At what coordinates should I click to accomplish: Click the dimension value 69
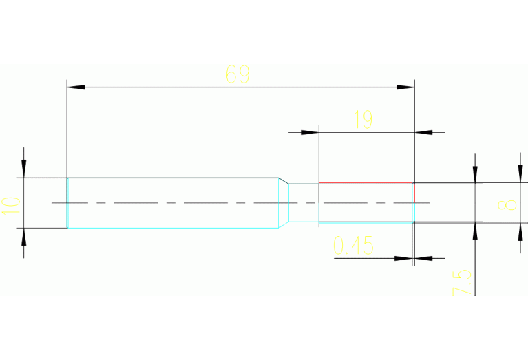point(237,74)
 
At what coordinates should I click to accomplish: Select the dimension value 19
point(363,120)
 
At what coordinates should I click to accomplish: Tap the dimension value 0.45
point(353,245)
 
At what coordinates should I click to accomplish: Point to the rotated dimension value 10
point(11,205)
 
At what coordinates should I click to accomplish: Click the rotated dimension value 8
point(507,204)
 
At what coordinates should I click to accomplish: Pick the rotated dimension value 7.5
point(462,282)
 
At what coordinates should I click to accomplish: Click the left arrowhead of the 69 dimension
point(76,87)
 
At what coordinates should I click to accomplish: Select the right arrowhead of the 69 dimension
point(405,87)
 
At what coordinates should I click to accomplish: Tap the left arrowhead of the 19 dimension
point(310,132)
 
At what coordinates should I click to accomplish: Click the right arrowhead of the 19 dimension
point(423,132)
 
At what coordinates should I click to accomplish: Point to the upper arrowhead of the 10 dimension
point(23,169)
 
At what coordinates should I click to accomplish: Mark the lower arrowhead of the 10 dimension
point(23,237)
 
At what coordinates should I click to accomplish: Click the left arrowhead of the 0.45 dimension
point(403,258)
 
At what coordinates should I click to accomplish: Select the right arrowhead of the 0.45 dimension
point(423,258)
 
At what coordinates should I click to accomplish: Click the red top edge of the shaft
point(366,183)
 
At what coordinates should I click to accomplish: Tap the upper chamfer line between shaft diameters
point(284,180)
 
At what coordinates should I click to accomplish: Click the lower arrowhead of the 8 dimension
point(520,232)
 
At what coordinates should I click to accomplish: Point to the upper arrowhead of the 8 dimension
point(520,173)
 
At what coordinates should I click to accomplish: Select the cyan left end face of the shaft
point(67,203)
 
